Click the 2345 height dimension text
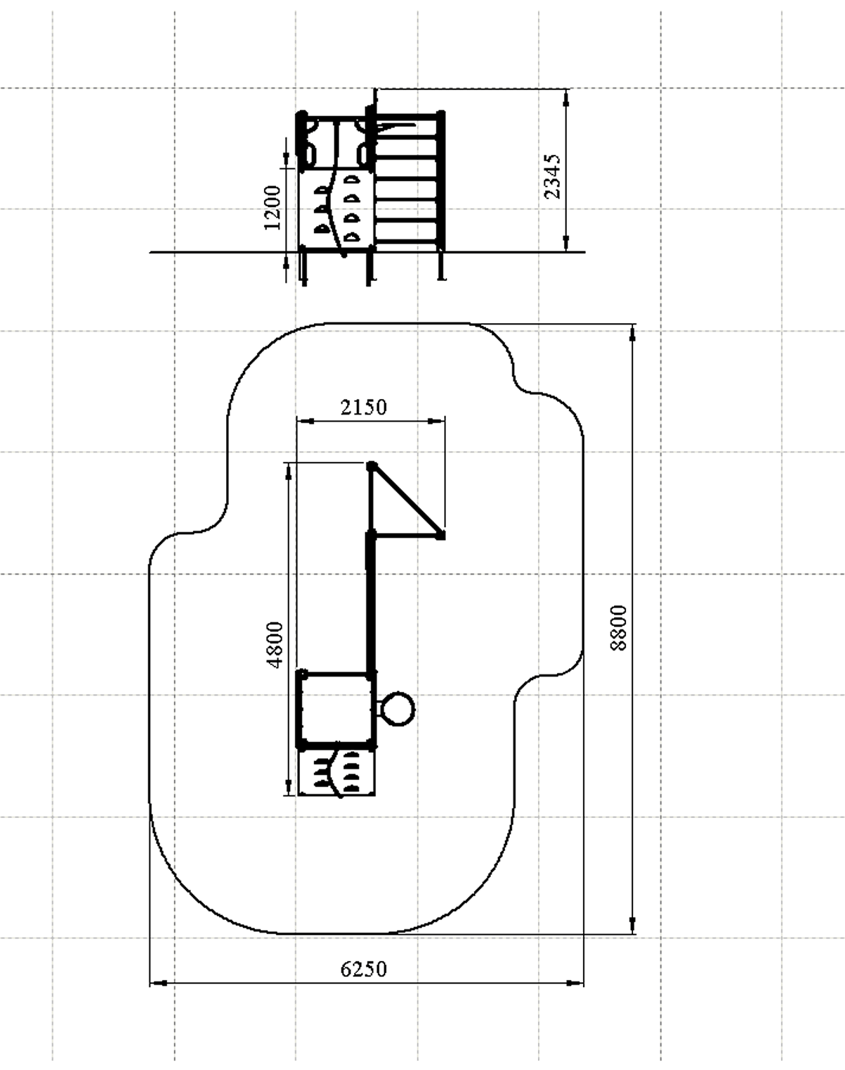(x=552, y=177)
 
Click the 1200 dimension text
(x=273, y=208)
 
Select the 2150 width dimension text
(x=363, y=408)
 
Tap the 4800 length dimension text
(x=275, y=645)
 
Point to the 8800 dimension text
(x=618, y=628)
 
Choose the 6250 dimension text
(x=363, y=969)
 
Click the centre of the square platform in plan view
(x=336, y=710)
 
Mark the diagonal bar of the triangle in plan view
(x=406, y=501)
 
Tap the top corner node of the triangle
(x=372, y=466)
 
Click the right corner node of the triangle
(x=441, y=536)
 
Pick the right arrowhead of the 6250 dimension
(x=575, y=983)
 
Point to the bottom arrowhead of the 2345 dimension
(x=566, y=243)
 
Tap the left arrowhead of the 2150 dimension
(x=306, y=421)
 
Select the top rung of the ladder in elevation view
(x=407, y=118)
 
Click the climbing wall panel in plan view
(x=337, y=773)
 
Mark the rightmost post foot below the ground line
(x=441, y=266)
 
